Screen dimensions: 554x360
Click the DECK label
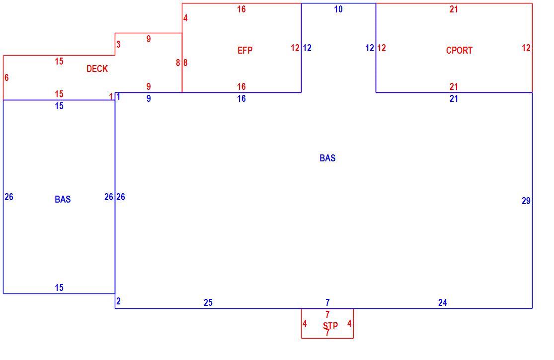point(97,69)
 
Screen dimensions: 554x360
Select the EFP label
point(245,50)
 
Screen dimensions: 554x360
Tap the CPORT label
point(459,50)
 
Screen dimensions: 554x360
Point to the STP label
point(330,325)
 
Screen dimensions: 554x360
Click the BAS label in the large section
point(327,158)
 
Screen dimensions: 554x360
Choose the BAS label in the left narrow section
point(63,199)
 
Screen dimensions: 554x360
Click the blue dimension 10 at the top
point(338,9)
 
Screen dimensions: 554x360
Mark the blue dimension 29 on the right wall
point(526,201)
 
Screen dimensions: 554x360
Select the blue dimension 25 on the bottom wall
point(208,302)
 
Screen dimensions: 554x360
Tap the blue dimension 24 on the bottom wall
point(443,302)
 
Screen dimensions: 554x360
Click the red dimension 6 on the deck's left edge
point(6,77)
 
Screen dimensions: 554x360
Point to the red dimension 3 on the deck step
point(118,44)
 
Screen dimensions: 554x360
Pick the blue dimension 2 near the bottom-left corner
point(118,301)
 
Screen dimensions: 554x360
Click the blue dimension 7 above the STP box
point(327,302)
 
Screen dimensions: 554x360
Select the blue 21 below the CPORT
point(454,98)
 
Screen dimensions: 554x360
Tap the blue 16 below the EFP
point(241,98)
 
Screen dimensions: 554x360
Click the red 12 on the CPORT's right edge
point(526,48)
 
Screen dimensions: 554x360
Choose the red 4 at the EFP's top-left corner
point(185,18)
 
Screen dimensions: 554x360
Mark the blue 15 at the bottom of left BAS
point(59,288)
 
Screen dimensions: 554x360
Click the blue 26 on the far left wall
point(9,197)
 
